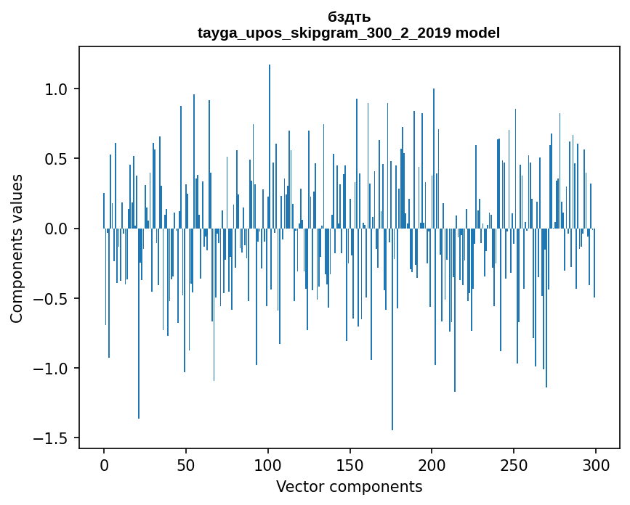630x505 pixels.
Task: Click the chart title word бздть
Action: [349, 17]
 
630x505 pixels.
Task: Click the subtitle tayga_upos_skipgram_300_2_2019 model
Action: [349, 33]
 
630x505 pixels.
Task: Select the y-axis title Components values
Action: [17, 248]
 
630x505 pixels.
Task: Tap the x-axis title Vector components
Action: [349, 486]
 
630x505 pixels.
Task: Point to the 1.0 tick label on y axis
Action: [56, 89]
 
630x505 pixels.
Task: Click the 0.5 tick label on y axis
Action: [56, 159]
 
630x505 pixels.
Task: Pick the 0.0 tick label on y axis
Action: [56, 229]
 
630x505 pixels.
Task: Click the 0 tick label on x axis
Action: [104, 464]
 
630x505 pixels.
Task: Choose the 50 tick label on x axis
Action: [186, 464]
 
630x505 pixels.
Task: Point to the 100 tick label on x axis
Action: [268, 464]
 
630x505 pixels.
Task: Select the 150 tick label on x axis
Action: [350, 464]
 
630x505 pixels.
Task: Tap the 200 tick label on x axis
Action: [432, 464]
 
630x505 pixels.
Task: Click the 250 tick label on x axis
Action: [514, 464]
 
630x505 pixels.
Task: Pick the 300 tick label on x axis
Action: [596, 464]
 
